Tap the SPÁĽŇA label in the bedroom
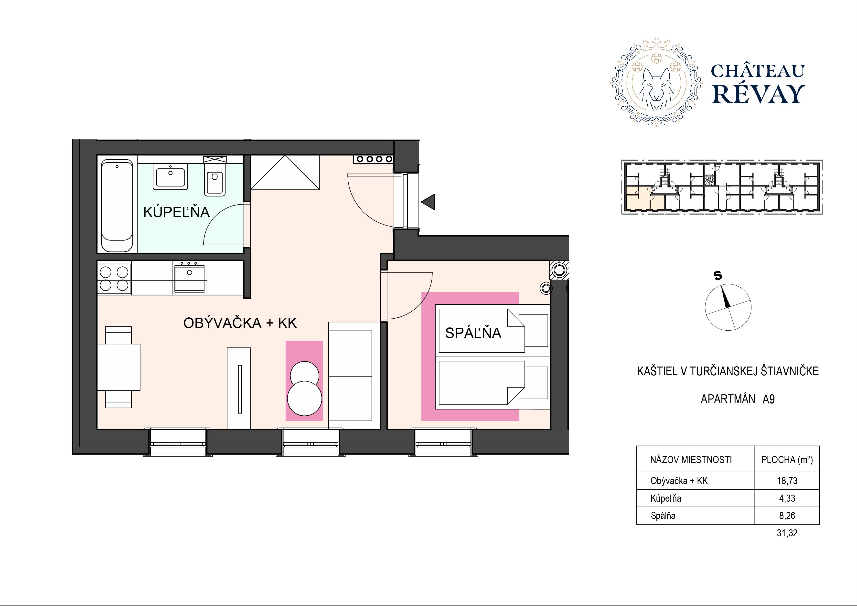[x=473, y=333]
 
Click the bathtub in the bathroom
[x=117, y=206]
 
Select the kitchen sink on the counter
[x=189, y=278]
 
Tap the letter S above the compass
[x=718, y=276]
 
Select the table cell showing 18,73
[x=787, y=481]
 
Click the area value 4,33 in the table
[x=787, y=498]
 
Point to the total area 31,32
[x=787, y=533]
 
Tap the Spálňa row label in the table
[x=663, y=516]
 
